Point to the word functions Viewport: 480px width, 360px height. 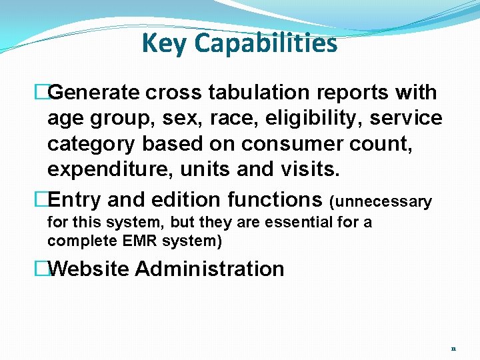point(275,199)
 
